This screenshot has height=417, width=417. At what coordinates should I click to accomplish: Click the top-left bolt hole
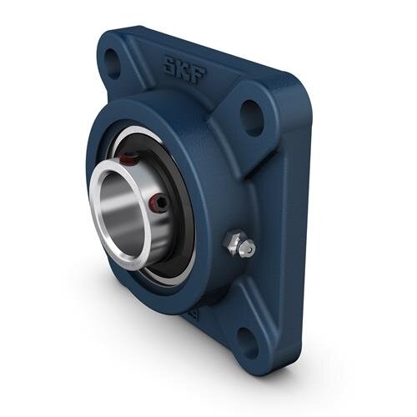pos(111,61)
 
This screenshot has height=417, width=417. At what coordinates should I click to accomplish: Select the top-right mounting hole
pos(251,117)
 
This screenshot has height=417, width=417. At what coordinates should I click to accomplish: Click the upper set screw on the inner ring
pos(126,158)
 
